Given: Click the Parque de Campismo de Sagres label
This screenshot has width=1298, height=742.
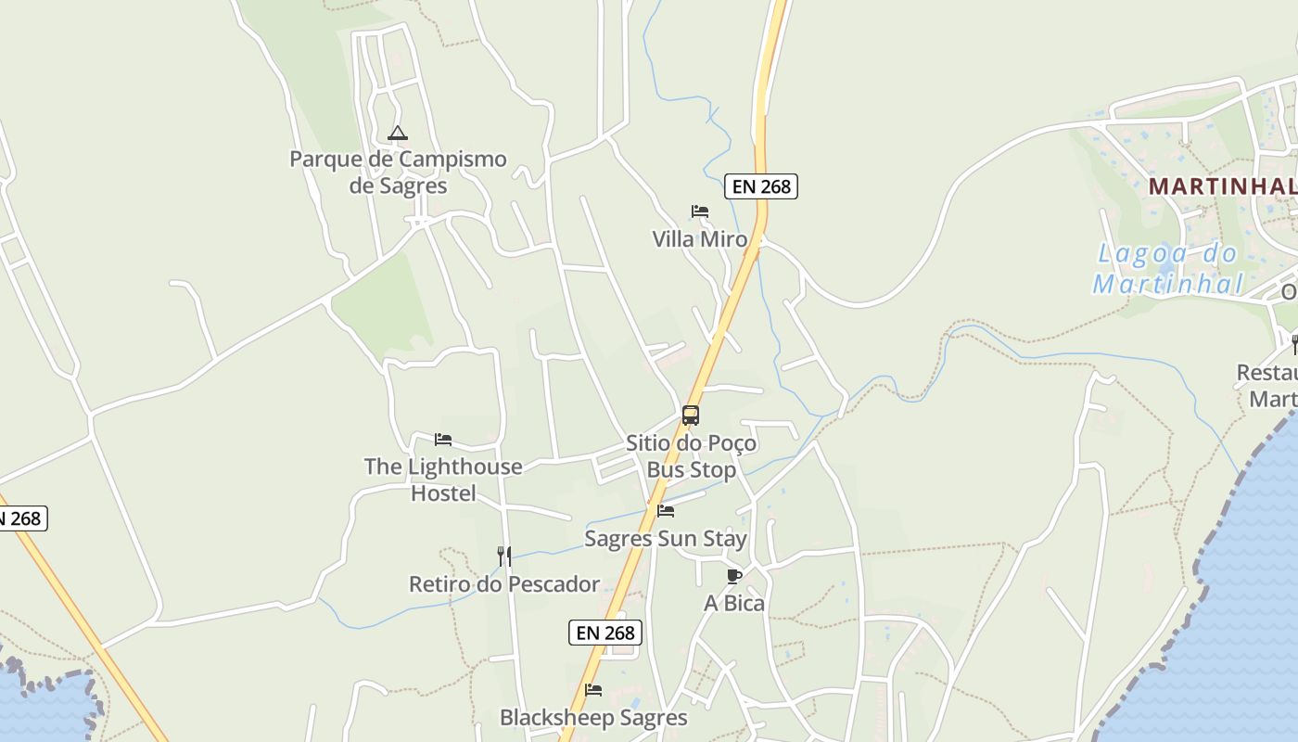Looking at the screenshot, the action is point(398,172).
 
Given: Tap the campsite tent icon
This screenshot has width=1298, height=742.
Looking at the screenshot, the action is point(398,134).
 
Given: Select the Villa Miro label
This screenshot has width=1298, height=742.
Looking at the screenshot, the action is point(699,239).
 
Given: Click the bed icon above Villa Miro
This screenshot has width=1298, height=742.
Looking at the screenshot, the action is point(700,212).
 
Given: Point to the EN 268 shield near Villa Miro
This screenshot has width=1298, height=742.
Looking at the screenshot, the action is point(761,186).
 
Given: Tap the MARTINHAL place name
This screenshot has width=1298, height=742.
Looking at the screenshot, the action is point(1222,186).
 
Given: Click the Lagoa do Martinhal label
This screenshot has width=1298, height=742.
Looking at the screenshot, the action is point(1167,268).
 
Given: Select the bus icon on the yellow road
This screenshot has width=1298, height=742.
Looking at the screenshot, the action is point(691,416).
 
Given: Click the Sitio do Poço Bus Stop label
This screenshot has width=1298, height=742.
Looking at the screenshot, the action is point(692,456).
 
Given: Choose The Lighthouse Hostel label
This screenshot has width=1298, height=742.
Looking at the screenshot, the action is point(443,480).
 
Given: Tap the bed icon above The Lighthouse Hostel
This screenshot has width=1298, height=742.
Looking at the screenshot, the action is point(443,440).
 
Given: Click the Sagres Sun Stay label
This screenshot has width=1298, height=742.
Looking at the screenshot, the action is point(666,539).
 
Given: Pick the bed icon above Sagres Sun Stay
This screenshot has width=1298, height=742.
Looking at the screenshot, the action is point(666,511).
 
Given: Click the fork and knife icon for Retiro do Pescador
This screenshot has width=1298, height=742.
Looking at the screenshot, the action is point(504,556).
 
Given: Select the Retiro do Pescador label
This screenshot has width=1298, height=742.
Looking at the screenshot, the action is point(504,584).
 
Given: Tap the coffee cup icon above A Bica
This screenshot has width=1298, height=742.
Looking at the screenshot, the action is point(734,576).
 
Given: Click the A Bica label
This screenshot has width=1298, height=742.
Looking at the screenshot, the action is point(734,604).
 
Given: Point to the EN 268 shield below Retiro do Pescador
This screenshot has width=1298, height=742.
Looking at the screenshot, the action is point(605,633).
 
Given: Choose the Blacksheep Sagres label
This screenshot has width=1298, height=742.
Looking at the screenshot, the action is point(593,718).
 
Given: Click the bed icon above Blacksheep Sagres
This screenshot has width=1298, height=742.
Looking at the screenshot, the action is point(593,690).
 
